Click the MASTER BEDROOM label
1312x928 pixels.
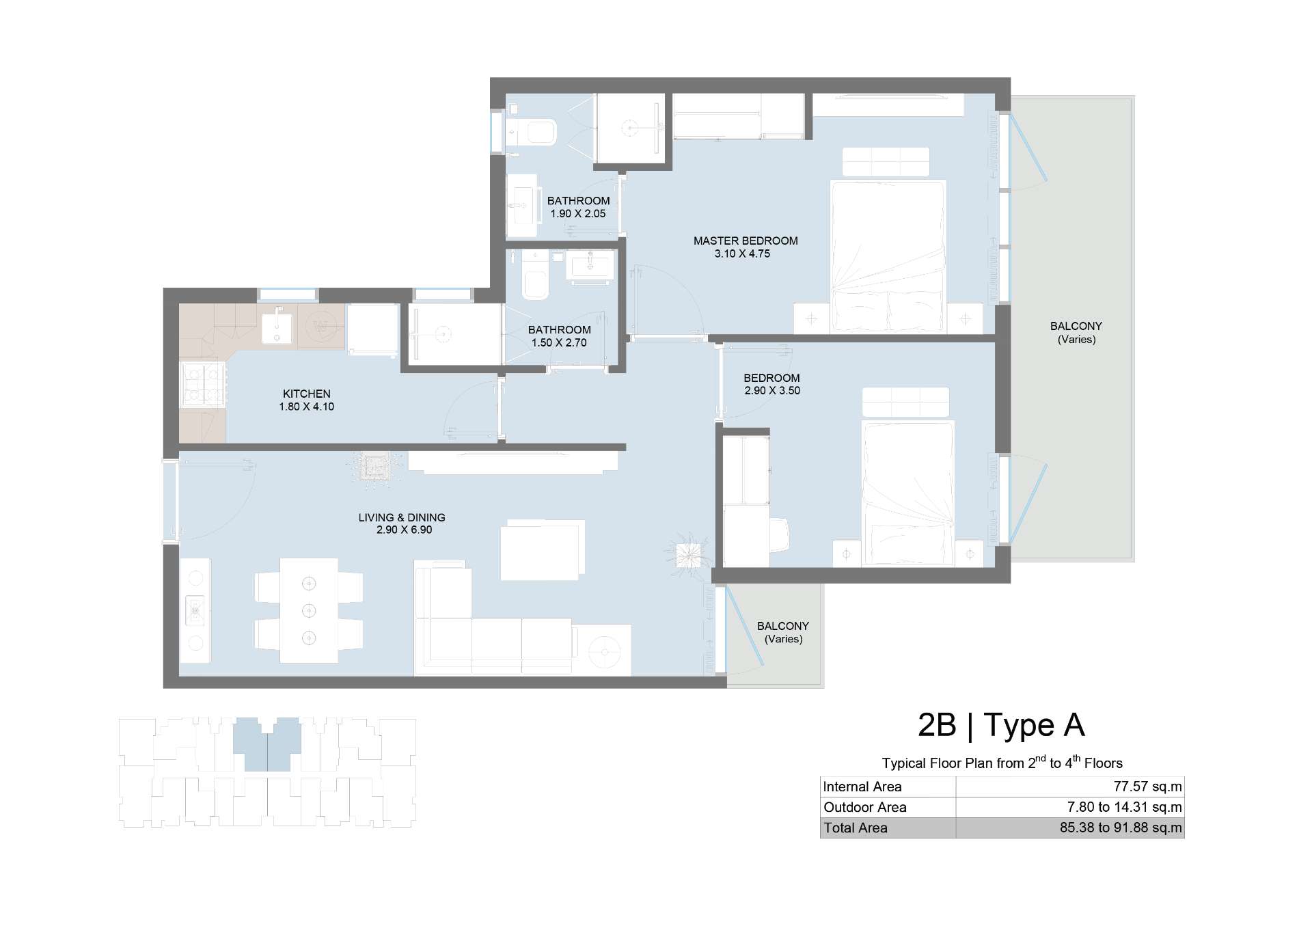click(746, 241)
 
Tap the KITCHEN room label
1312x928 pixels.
click(307, 394)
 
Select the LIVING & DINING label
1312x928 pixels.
click(402, 517)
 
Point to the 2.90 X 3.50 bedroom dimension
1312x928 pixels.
click(772, 391)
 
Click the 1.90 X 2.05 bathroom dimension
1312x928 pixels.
click(578, 213)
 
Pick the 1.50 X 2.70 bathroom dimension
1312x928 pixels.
click(559, 342)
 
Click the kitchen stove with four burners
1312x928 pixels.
click(202, 384)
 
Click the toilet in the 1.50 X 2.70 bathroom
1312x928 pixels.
click(535, 277)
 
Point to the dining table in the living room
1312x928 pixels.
click(309, 610)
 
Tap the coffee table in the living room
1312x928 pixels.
click(543, 550)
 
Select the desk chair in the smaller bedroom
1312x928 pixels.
click(780, 534)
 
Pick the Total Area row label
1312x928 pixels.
click(856, 828)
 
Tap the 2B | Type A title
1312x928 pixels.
click(1001, 725)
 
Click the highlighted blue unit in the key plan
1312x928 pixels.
click(266, 745)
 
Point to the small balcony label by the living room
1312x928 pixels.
click(783, 632)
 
